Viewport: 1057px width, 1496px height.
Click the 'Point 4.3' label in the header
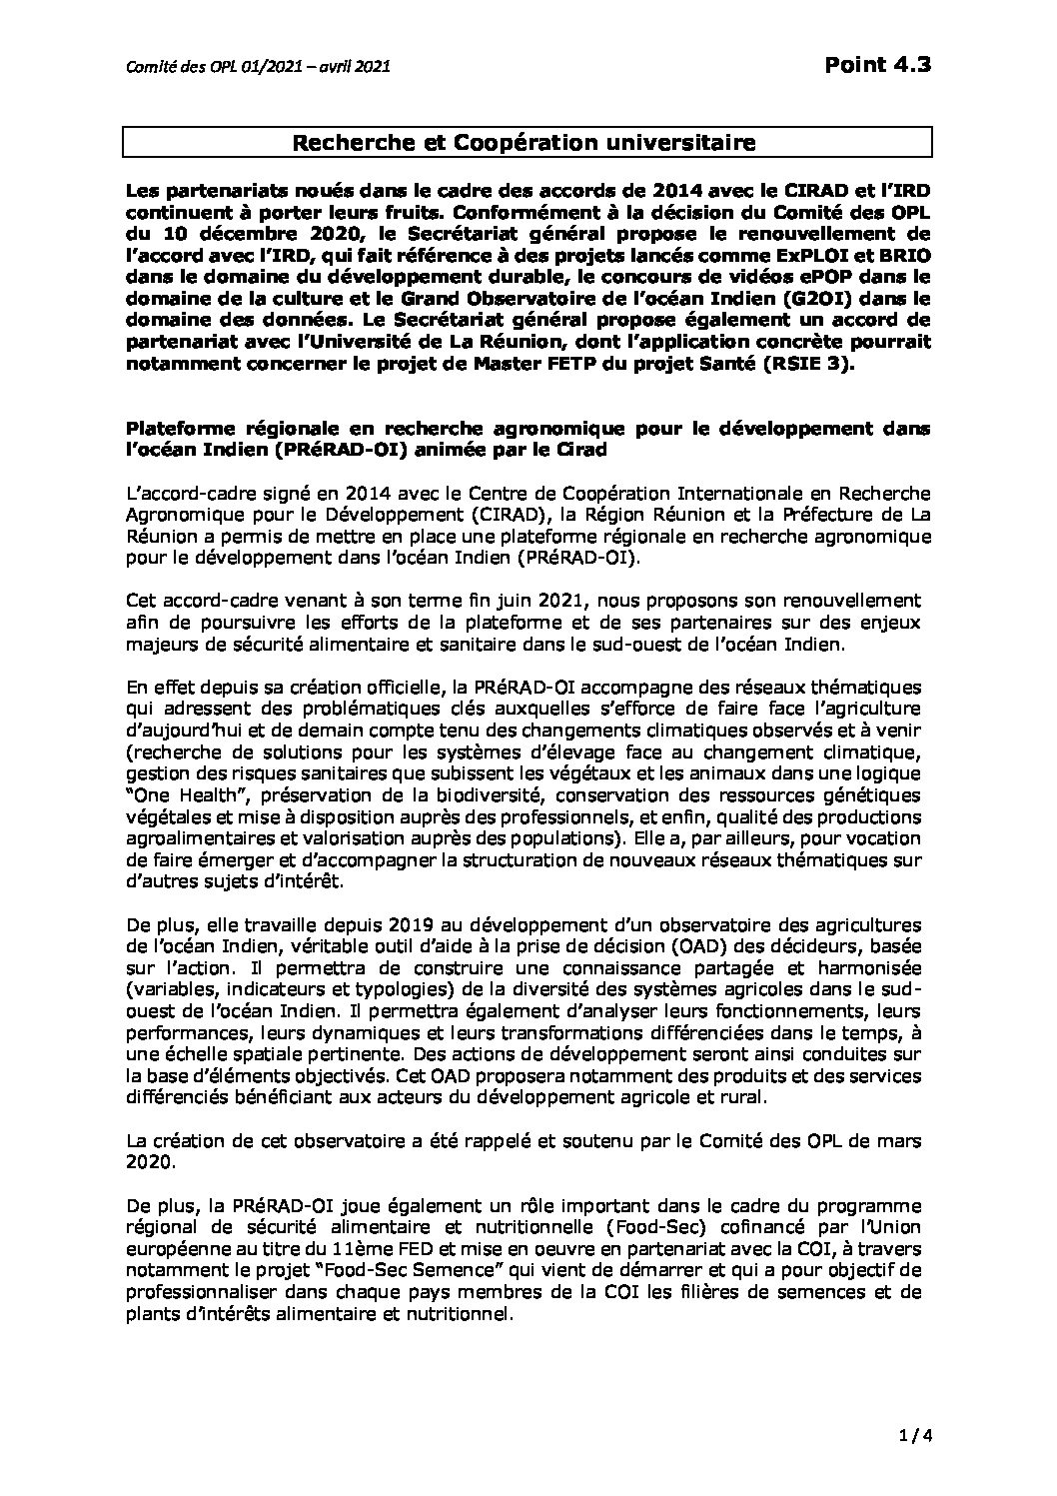(x=878, y=65)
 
